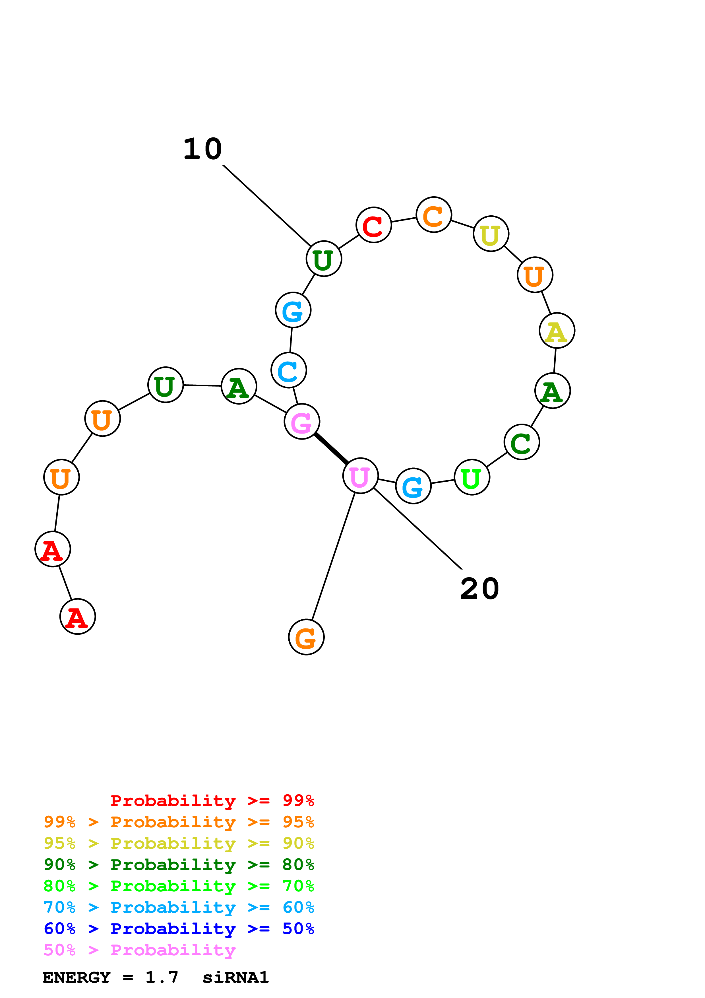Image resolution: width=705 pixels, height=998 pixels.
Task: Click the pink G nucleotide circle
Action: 302,421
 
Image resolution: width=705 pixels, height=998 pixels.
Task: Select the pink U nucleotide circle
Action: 360,475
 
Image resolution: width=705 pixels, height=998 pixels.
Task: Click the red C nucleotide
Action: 374,225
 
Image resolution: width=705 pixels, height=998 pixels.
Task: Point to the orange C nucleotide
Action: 433,215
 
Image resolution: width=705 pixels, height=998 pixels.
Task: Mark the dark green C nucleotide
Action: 522,442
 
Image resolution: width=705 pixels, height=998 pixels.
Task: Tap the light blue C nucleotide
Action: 289,370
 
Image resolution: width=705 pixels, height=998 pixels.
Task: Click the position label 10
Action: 202,149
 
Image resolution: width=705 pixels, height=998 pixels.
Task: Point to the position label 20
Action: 479,589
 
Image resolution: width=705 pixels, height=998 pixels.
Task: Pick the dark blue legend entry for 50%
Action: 179,929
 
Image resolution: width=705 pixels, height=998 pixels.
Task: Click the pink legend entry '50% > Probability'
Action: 139,950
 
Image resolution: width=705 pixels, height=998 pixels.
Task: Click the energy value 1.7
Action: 162,977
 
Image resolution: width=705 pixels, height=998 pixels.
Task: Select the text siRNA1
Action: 235,977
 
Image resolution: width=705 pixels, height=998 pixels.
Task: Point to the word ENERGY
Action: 77,977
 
